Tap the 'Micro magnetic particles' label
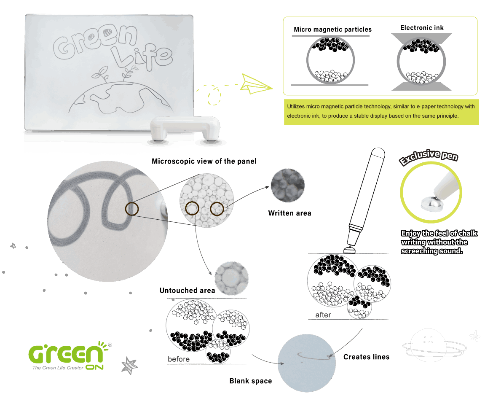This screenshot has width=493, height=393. (332, 29)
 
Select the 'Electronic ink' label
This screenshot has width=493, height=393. (422, 28)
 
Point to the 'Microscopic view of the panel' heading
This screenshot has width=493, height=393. (204, 161)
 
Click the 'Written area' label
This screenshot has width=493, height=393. (289, 213)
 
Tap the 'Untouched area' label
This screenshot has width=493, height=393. (187, 291)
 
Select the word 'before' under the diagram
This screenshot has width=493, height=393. (179, 359)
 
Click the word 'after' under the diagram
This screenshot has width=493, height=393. (323, 315)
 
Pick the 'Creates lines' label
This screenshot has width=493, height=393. (366, 357)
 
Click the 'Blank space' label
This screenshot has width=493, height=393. (251, 381)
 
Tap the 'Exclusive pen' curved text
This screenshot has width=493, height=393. (429, 157)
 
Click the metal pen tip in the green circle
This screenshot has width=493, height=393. (432, 204)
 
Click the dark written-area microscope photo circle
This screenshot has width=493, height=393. (288, 186)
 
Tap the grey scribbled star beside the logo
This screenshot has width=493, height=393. (129, 366)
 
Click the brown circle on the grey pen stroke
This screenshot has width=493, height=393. (132, 209)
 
